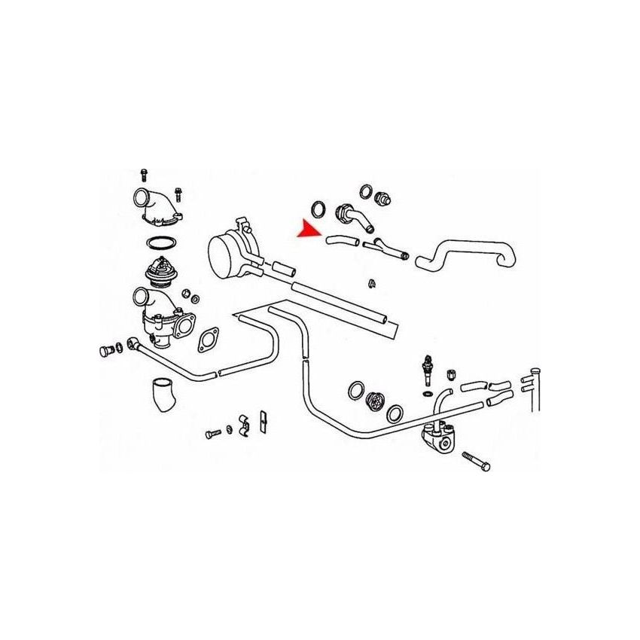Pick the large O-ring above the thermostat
[160, 243]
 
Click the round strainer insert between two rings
[373, 401]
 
